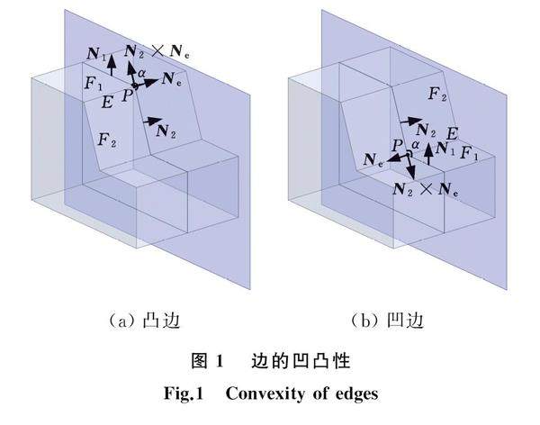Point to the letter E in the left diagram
pos(108,101)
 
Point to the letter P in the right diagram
pos(396,144)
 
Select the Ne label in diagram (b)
pos(374,159)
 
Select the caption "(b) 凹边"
pos(387,320)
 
